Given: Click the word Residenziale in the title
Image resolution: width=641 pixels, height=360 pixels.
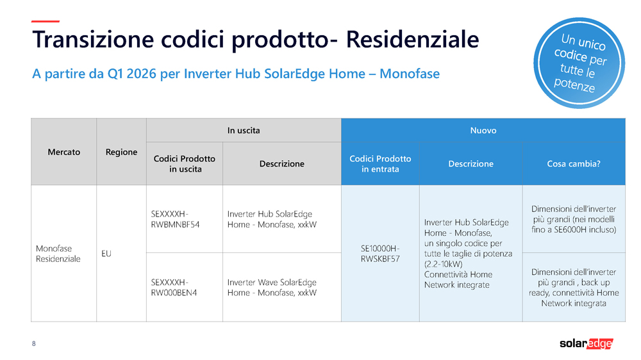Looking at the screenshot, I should point(412,39).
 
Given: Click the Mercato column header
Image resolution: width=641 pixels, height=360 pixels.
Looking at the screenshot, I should point(64,152).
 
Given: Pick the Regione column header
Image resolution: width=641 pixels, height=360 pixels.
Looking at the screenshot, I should point(121,152).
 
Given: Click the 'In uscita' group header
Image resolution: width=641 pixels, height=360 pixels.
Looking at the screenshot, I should point(244,130).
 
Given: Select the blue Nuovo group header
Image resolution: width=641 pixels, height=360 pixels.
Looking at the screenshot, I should point(483,130).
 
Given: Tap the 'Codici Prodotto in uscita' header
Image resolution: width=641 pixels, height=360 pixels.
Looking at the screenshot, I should point(185,163).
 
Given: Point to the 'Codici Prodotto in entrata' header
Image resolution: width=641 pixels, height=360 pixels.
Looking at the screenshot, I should point(380,163).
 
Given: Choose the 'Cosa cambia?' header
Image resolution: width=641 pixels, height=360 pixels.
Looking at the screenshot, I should point(573,163).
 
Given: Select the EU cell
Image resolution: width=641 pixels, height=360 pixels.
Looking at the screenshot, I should point(106,254).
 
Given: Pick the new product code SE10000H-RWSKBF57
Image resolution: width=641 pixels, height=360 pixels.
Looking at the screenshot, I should point(380,254).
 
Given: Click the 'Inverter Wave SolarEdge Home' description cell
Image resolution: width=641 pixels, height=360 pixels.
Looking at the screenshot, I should point(272,287).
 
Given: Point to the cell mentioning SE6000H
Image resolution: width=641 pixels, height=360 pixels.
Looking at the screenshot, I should point(573,219).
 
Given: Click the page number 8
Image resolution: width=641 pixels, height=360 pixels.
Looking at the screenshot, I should point(34,344).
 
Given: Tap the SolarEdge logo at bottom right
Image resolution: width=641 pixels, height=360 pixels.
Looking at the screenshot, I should point(586,343).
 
